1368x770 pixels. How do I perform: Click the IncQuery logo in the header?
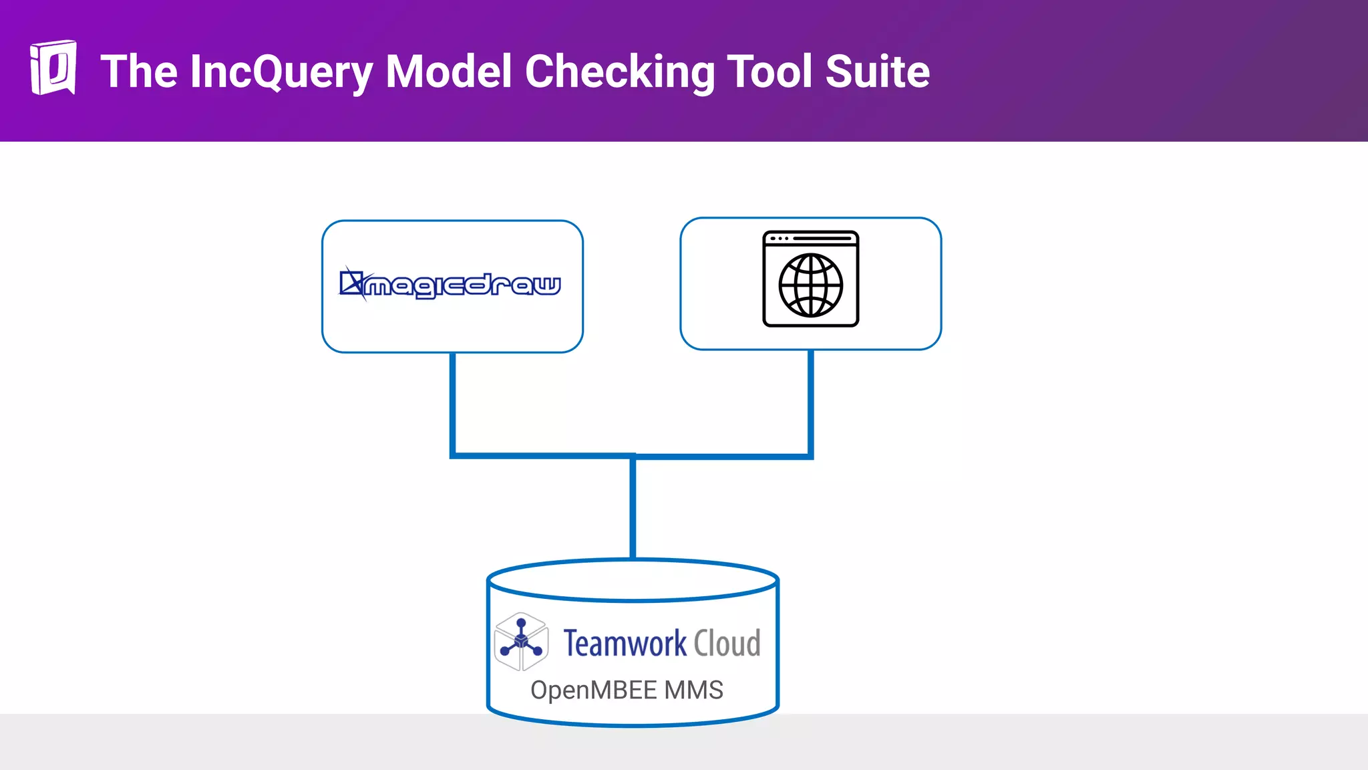pos(53,68)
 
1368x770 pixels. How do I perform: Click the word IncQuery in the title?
pos(281,72)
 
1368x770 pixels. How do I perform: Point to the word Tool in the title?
pos(769,72)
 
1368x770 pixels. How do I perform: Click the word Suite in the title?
pos(877,72)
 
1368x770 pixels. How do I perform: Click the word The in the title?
pos(139,72)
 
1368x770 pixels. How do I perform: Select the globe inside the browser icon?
pos(810,285)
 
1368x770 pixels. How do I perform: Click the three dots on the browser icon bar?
pos(780,239)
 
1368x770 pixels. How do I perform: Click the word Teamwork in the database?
pos(625,644)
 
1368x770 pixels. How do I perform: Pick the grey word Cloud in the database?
pos(727,644)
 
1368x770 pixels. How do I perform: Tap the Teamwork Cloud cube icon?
pos(522,642)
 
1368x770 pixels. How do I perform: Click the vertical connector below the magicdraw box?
pos(453,401)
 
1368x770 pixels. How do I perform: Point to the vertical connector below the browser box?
pos(810,401)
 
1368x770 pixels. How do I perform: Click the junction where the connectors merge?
pos(633,457)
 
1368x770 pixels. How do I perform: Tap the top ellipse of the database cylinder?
pos(633,580)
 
